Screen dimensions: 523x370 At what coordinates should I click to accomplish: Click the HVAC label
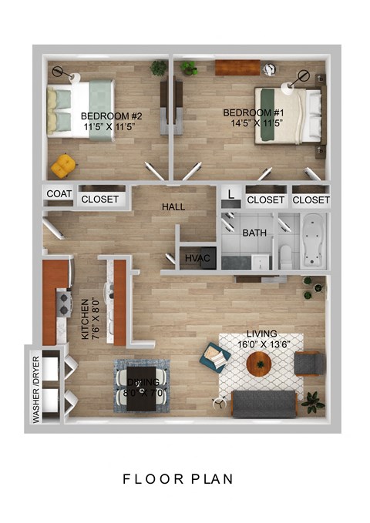click(195, 260)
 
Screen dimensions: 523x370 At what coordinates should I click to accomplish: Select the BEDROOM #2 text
click(111, 121)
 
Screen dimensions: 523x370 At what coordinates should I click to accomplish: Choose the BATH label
click(254, 233)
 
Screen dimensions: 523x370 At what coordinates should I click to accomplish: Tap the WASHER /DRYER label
click(35, 390)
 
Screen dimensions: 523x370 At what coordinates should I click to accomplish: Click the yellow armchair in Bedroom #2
click(63, 164)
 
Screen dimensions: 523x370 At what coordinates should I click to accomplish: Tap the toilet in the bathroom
click(286, 256)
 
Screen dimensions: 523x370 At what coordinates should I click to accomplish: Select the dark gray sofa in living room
click(264, 404)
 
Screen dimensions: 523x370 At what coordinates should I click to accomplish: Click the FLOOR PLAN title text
click(178, 479)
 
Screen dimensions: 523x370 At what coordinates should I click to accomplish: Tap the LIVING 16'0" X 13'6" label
click(264, 339)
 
